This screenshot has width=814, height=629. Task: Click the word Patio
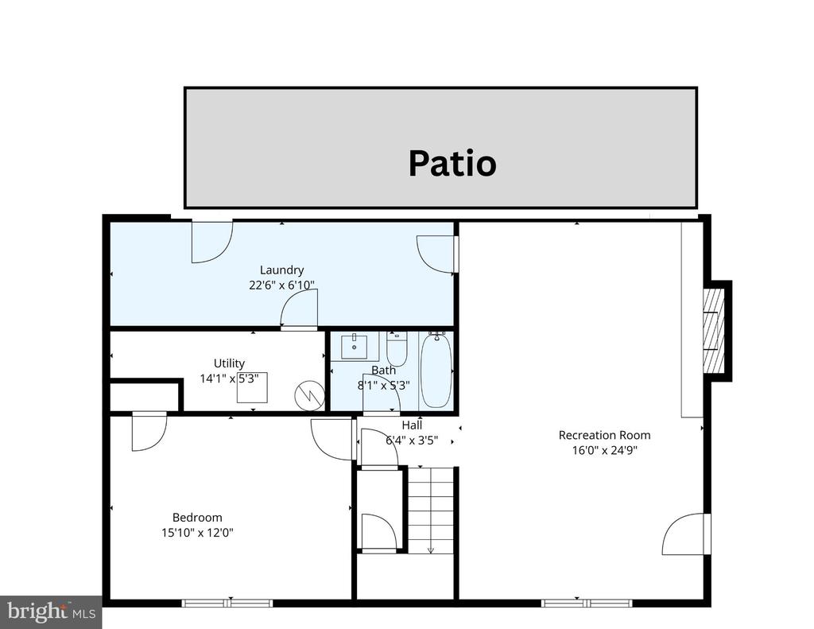(452, 163)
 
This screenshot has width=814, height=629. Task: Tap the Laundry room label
(281, 270)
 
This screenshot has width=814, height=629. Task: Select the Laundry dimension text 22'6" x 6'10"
(281, 285)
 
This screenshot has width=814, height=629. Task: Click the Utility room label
(229, 363)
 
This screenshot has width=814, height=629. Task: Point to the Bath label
(383, 371)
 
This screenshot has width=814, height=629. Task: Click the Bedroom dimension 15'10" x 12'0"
(197, 532)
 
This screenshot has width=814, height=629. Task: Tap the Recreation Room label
(604, 435)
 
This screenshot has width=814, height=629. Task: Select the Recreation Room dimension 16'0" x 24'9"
(604, 449)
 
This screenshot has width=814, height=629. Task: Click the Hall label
(412, 425)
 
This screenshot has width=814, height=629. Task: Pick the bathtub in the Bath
(436, 371)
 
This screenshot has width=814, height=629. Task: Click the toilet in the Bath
(397, 348)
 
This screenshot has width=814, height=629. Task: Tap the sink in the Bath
(354, 347)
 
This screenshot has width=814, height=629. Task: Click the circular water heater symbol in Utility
(308, 393)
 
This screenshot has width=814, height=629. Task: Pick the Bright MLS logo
(50, 612)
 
